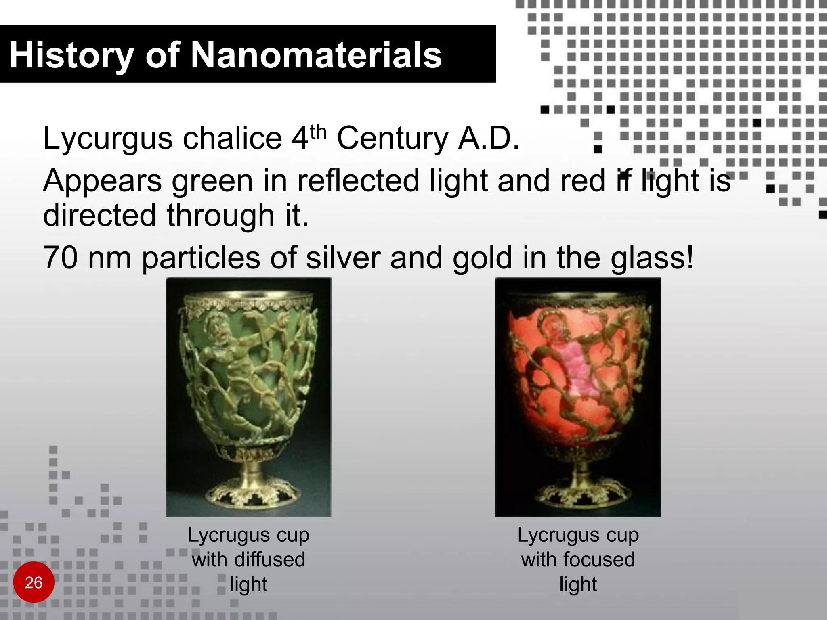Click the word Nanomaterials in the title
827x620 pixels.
pos(316,55)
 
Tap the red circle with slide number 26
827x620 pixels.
pos(34,582)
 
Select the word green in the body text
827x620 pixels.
pos(213,182)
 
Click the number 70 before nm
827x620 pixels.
pos(60,258)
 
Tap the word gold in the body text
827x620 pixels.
pos(482,258)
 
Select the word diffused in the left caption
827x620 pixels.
pos(269,560)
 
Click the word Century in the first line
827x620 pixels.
pos(392,138)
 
